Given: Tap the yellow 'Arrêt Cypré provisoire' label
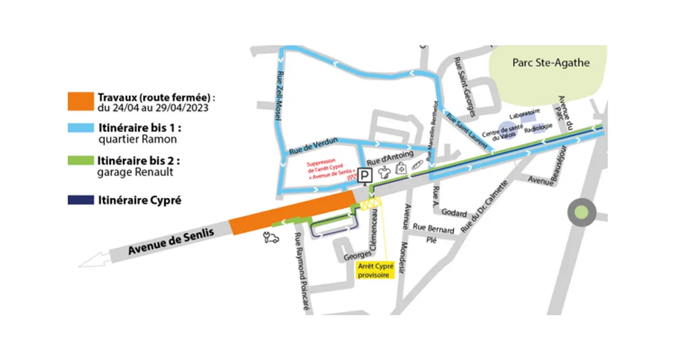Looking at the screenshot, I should (375, 270).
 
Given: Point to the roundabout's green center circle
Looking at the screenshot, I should (581, 213).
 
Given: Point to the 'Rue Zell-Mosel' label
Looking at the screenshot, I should (282, 96).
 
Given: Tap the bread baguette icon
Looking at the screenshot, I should (417, 165).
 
